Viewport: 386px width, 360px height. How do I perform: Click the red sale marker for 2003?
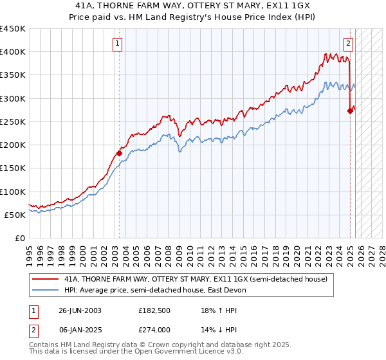pos(119,153)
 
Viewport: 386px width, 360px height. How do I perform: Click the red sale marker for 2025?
pos(350,111)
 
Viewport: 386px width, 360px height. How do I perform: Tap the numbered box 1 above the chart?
pos(119,44)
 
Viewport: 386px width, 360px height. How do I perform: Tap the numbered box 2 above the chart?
pos(348,44)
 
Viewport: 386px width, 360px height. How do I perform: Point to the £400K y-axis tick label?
pos(12,52)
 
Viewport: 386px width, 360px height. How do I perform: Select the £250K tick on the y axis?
pos(12,122)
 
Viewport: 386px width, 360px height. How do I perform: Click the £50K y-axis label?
pos(15,215)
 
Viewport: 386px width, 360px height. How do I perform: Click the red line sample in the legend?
pos(45,279)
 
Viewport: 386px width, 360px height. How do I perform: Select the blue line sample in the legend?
pos(45,290)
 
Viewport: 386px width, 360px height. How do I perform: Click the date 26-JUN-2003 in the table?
pos(80,310)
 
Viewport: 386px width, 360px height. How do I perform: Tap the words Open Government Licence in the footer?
pos(170,353)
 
